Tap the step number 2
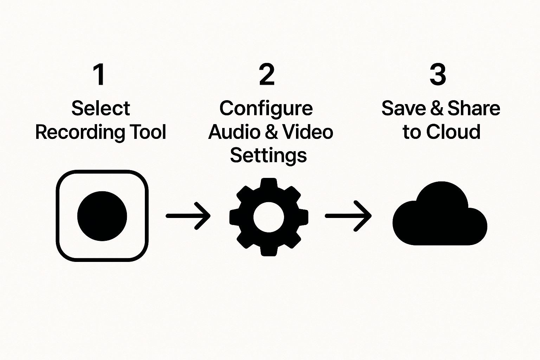point(267,75)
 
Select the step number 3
point(438,75)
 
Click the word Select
point(101,108)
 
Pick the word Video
point(308,132)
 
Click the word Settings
point(268,155)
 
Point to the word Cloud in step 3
point(453,132)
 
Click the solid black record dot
point(102,216)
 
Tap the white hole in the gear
point(269,217)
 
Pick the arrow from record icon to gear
point(188,216)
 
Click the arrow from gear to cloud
point(348,216)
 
